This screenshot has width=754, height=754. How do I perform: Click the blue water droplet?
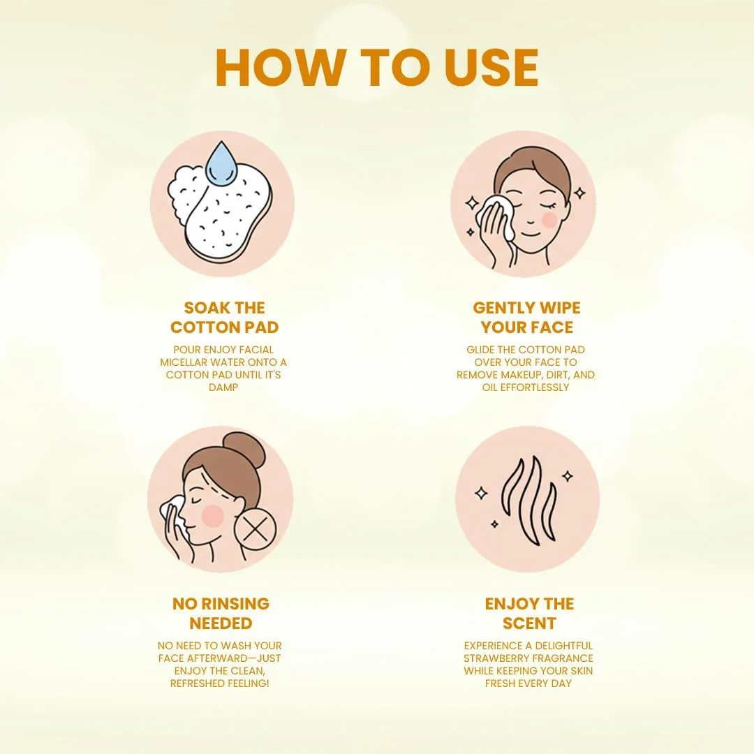[x=221, y=162]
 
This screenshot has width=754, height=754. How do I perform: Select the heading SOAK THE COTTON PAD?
[x=225, y=318]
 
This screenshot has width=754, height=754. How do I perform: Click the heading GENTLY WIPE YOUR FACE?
[x=526, y=318]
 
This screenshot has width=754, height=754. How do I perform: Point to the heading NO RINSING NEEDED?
[x=221, y=613]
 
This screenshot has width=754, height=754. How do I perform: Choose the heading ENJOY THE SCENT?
[x=529, y=613]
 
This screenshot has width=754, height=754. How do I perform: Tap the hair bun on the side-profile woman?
[x=245, y=450]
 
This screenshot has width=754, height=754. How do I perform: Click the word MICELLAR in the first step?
[x=183, y=362]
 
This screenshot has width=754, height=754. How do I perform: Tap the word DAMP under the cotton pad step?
[x=223, y=387]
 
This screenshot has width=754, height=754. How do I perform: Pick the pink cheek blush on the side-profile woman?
[x=213, y=515]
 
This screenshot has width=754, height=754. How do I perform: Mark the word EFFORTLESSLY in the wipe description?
[x=535, y=387]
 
